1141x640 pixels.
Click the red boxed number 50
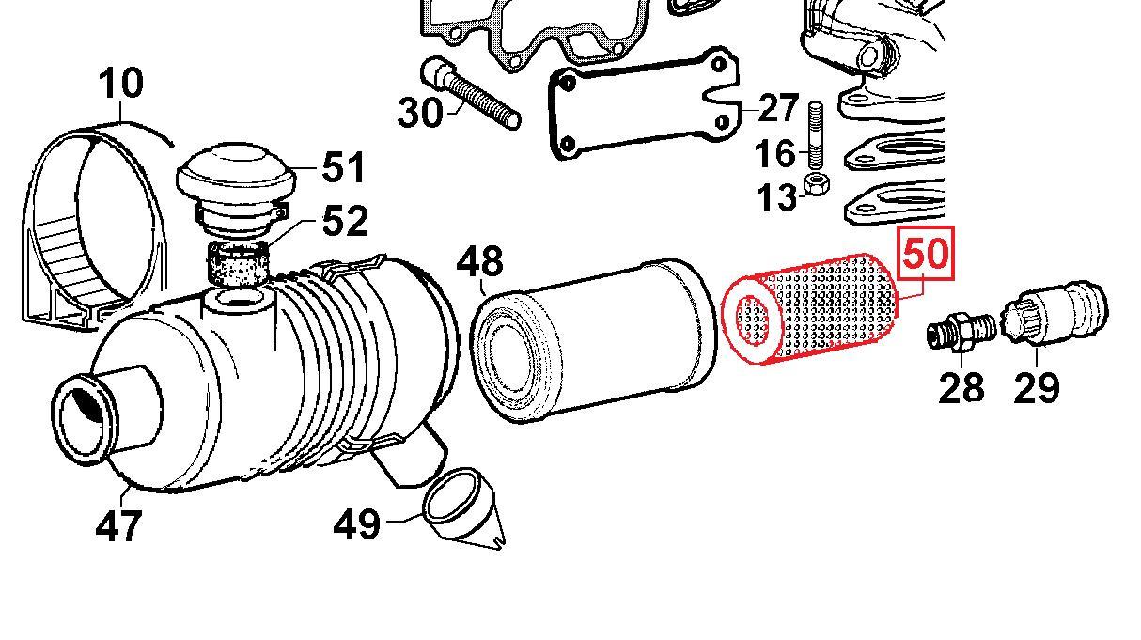point(927,254)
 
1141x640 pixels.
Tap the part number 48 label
point(479,262)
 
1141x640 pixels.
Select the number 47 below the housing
point(118,525)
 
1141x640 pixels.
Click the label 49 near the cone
point(357,523)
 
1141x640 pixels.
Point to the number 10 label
point(121,83)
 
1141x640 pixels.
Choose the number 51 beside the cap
point(344,169)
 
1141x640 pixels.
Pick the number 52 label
point(344,222)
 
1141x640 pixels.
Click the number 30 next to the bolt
point(420,114)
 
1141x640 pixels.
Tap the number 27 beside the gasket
point(778,109)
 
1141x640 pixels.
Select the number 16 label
point(775,152)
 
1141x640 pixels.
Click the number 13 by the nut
point(776,198)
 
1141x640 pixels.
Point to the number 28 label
point(961,386)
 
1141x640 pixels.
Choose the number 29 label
point(1036,386)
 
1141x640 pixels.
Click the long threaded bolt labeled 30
point(475,94)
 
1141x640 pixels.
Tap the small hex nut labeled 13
point(817,182)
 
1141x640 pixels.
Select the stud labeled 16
point(816,136)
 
